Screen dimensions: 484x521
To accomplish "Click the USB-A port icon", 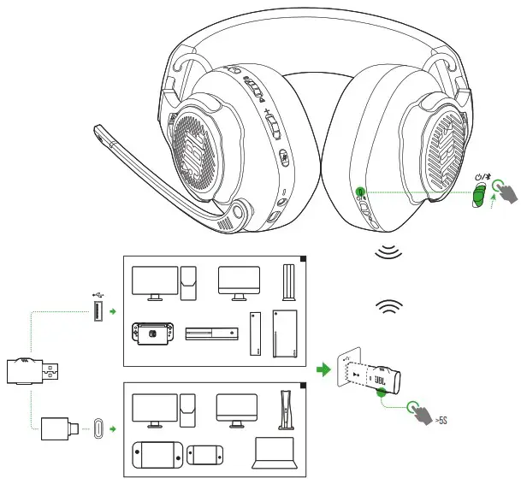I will coord(99,313).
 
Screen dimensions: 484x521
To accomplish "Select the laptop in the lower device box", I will coord(274,453).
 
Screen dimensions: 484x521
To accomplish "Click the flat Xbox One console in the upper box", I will coord(210,334).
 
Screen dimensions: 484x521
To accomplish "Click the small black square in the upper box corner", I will coord(302,260).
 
